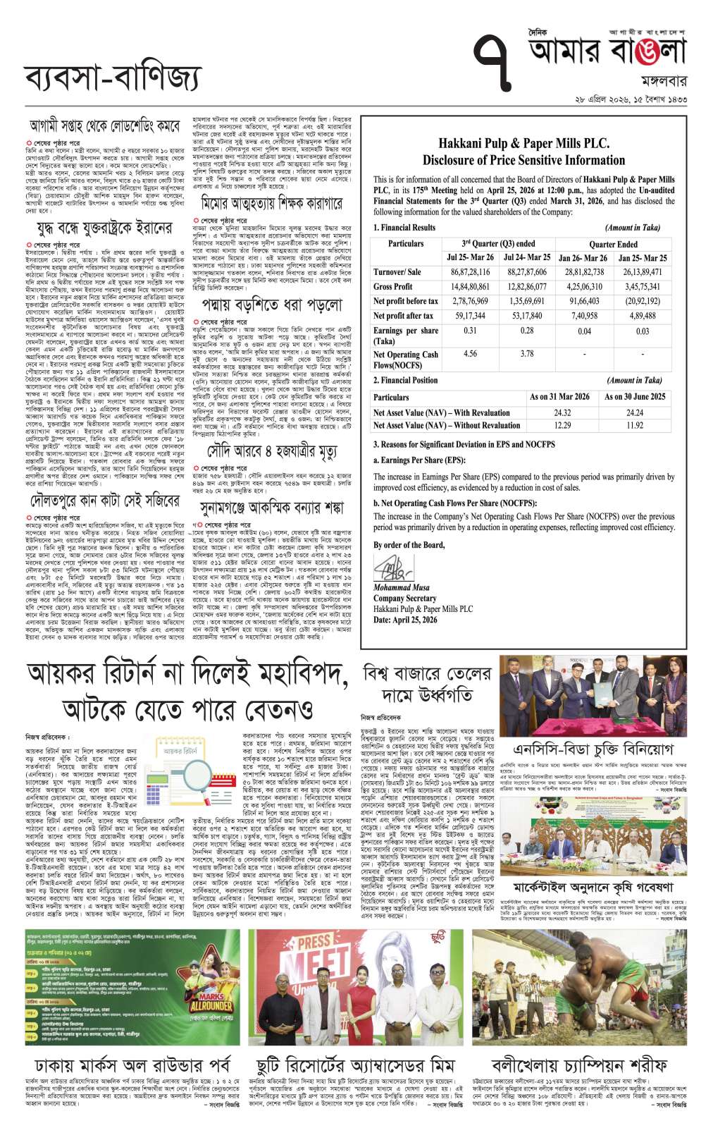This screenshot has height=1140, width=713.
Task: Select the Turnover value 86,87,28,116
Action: (x=470, y=272)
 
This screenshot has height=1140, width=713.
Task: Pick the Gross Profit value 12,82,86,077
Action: (x=526, y=287)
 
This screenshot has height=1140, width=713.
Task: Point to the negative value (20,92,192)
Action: (x=642, y=301)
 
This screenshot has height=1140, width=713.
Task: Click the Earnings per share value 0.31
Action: (x=470, y=330)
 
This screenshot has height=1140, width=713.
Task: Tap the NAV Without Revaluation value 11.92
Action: (x=634, y=425)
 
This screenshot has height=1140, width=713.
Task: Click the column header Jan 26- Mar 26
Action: (x=583, y=257)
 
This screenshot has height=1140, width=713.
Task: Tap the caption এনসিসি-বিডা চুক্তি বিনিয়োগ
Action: (x=593, y=749)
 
